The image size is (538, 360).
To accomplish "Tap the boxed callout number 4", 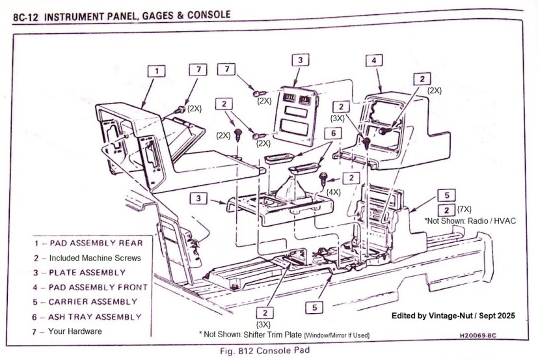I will [373, 60].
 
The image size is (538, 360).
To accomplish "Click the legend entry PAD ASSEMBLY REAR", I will [89, 243].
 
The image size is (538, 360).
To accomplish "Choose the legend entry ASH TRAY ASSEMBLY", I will [89, 316].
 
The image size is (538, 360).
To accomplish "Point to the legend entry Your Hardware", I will [70, 331].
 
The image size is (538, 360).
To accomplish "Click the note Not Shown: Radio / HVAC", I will [472, 221].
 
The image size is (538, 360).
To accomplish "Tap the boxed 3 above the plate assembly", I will [299, 60].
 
